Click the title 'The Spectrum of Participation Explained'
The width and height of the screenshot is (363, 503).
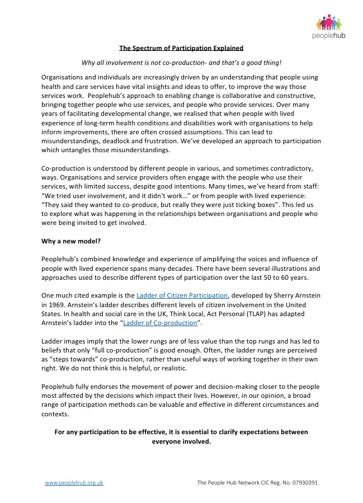click(181, 48)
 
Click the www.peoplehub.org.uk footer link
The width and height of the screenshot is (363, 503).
click(74, 482)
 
